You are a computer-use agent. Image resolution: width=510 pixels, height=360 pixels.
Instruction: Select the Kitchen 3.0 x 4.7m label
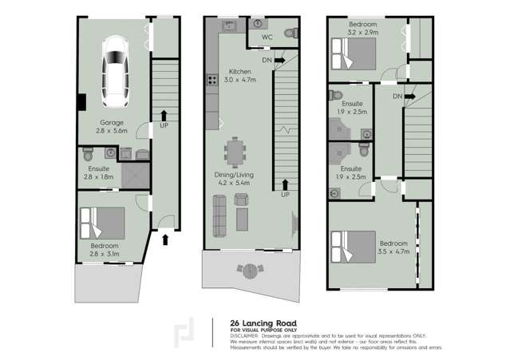(x=240, y=75)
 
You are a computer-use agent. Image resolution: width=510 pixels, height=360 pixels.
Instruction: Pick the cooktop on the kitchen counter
(x=212, y=79)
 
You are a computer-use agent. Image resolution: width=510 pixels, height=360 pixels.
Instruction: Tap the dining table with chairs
(x=237, y=150)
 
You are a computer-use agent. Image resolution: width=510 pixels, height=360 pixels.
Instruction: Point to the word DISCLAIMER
(x=244, y=335)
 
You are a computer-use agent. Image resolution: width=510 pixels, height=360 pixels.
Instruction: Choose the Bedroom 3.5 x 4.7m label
(x=393, y=247)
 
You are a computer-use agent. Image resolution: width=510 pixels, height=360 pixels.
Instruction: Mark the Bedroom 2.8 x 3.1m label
(x=104, y=249)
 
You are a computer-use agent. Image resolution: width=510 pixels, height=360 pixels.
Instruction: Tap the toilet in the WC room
(x=291, y=33)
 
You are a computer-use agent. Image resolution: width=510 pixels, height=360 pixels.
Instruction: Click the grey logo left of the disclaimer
(x=188, y=332)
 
